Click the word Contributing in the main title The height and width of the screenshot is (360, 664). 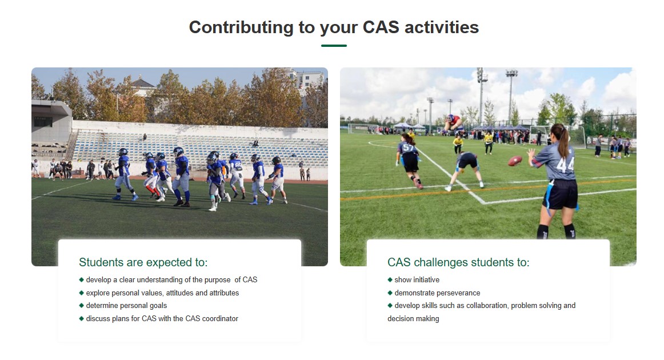click(x=241, y=27)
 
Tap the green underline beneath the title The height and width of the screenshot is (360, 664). click(x=334, y=46)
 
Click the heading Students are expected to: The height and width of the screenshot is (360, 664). click(x=143, y=262)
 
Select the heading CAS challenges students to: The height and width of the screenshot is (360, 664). click(x=458, y=262)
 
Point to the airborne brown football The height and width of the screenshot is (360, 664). click(x=514, y=161)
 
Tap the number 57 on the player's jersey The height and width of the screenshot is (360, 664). click(x=408, y=148)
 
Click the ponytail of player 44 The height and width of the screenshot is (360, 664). click(x=563, y=142)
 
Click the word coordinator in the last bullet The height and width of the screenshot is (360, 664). click(x=220, y=318)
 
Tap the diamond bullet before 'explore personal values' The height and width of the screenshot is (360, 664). click(x=81, y=293)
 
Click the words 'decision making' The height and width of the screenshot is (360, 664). click(x=413, y=319)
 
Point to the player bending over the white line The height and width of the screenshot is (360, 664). click(x=466, y=169)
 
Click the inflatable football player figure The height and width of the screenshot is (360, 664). click(x=454, y=123)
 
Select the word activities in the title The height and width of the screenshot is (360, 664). click(x=442, y=27)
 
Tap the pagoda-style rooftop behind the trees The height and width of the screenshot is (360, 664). click(x=142, y=85)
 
